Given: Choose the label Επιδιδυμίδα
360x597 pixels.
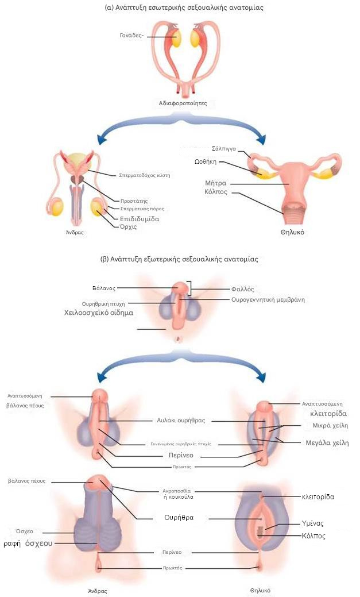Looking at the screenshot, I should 139,219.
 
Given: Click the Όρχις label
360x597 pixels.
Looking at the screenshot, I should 129,228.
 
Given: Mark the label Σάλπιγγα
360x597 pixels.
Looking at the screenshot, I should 224,148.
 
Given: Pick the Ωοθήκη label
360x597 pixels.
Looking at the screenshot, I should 222,161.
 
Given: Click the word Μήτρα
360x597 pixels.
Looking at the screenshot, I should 216,183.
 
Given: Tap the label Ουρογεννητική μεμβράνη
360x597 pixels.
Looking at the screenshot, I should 268,299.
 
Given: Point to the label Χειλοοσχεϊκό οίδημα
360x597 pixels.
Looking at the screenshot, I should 98,313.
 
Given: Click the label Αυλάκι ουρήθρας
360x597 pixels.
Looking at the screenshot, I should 181,420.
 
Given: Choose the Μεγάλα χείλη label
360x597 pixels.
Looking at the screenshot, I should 327,442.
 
